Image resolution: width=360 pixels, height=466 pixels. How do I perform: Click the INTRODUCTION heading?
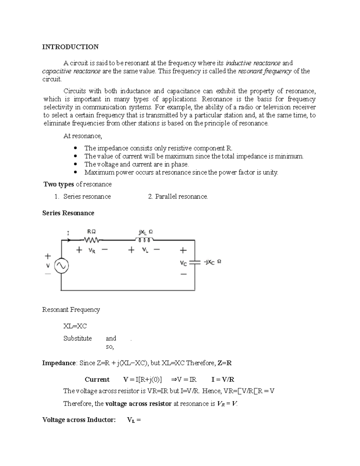click(70, 47)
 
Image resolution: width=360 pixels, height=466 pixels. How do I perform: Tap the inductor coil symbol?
click(144, 240)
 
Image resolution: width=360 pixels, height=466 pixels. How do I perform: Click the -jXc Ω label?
click(213, 262)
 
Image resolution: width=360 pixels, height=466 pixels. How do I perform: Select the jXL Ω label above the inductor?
click(145, 232)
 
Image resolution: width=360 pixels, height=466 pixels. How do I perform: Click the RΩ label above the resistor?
click(91, 232)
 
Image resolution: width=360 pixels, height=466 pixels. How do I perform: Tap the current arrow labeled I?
click(69, 240)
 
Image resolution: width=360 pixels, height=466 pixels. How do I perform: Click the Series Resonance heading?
click(68, 213)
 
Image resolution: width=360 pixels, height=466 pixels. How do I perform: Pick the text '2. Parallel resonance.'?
click(178, 197)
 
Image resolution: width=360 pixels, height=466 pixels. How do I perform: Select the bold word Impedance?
click(59, 363)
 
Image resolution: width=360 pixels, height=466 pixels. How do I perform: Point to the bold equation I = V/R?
click(223, 380)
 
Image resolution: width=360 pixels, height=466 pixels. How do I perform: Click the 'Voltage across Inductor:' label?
click(79, 420)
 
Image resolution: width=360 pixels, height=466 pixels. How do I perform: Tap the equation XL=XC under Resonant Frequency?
click(75, 326)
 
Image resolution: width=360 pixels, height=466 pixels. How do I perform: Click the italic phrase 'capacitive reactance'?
click(71, 71)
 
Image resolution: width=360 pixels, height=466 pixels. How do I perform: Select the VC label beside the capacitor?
click(183, 263)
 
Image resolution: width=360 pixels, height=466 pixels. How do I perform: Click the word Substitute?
click(77, 338)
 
